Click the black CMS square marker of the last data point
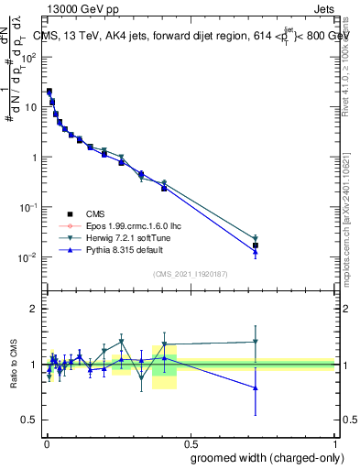click(256, 245)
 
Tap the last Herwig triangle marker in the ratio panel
click(256, 343)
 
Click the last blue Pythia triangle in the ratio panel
click(256, 387)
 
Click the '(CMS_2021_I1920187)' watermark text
click(190, 272)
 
